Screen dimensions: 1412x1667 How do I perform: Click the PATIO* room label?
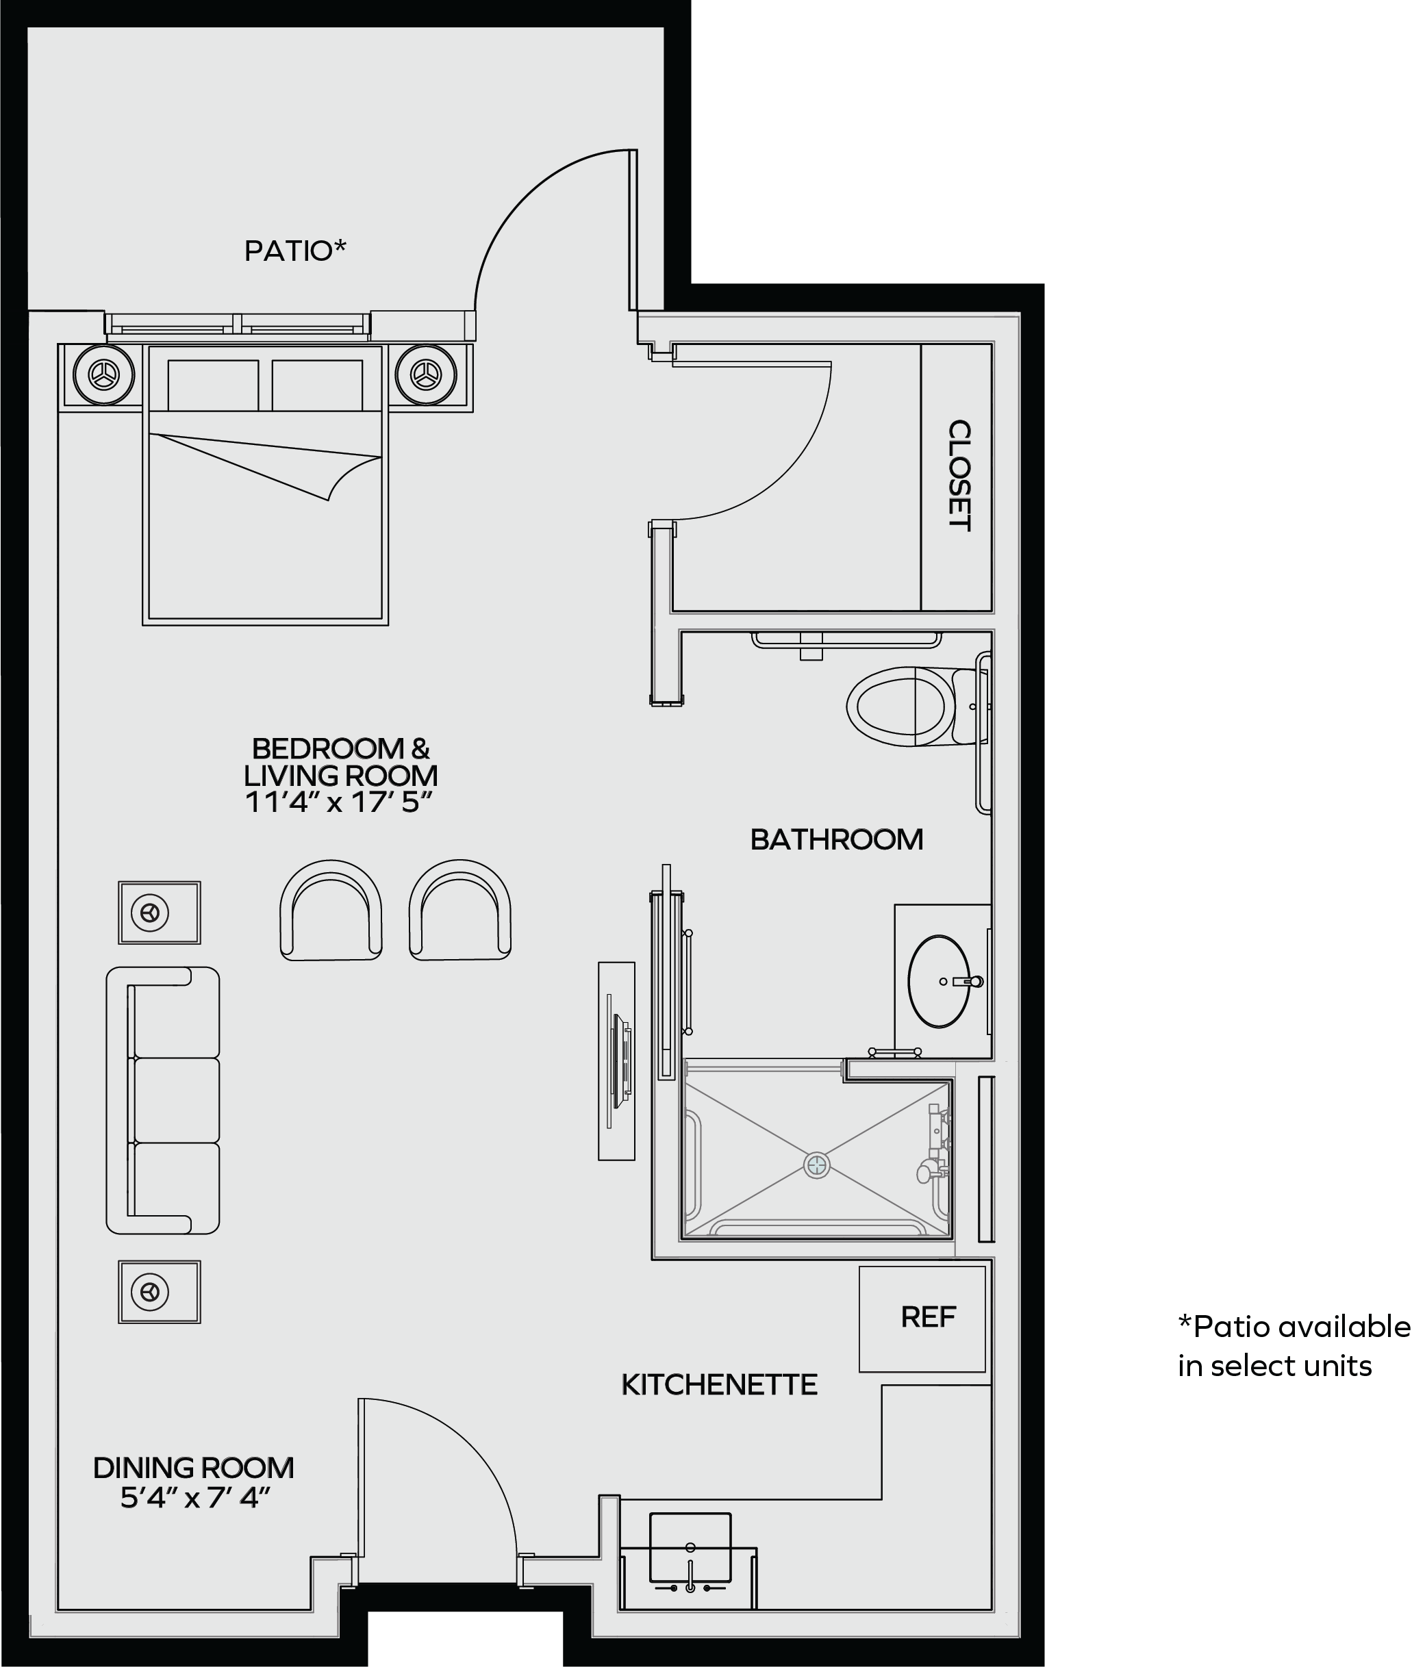295,251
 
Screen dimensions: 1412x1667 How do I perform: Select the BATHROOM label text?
837,839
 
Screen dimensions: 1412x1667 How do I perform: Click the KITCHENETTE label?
719,1384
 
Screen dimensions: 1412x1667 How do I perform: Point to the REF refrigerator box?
922,1318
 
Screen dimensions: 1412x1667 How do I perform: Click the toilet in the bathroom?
919,707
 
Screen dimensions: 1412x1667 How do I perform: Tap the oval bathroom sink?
939,981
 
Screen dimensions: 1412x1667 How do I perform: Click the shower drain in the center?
816,1165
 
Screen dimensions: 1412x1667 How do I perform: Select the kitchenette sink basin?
690,1548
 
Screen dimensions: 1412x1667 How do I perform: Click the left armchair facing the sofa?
331,910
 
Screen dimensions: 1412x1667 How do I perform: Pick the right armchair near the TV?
459,910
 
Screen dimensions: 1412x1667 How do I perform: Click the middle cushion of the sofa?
176,1100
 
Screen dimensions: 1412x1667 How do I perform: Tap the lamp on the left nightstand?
103,374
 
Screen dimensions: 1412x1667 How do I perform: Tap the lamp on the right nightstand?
426,374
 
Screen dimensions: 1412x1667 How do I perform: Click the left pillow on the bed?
213,385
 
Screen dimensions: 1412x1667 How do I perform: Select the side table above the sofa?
160,913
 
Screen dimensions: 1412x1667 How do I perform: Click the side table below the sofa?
160,1292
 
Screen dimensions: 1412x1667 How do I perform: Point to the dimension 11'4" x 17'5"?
338,802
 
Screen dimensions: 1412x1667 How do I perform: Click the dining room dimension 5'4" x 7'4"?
195,1497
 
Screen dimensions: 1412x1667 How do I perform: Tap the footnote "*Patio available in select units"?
1294,1346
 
